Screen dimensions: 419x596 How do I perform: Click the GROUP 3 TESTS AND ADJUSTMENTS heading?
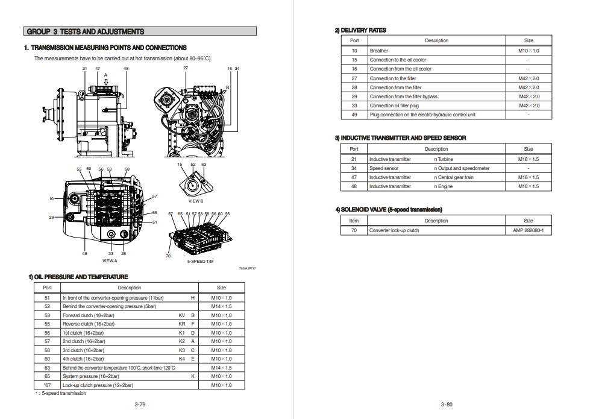coord(86,31)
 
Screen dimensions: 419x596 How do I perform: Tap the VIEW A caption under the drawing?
coord(110,261)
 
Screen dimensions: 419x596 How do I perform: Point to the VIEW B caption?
coord(196,201)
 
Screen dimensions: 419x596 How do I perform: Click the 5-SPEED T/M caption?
coord(200,261)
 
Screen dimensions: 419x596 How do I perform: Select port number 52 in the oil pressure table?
coord(47,306)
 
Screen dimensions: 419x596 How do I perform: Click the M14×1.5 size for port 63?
coord(221,368)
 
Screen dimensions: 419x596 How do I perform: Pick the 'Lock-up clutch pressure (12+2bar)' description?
coord(98,385)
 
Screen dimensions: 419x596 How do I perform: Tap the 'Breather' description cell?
coord(379,51)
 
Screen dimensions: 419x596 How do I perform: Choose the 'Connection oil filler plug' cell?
coord(394,106)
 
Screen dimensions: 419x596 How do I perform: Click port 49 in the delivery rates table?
coord(354,115)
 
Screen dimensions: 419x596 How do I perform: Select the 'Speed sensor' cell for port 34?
coord(384,168)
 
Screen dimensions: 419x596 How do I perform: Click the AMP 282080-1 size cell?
coord(528,230)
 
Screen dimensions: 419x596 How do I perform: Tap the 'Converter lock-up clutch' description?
coord(394,230)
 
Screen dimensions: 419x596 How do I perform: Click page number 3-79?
coord(140,404)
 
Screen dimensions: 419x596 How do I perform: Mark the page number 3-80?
coord(447,404)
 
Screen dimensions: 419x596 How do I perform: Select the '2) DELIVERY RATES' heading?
coord(360,30)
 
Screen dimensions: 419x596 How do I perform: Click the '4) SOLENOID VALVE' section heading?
coord(389,209)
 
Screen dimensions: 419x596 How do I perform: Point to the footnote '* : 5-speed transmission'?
coord(60,393)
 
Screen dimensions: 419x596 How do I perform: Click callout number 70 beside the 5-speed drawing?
coord(168,256)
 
